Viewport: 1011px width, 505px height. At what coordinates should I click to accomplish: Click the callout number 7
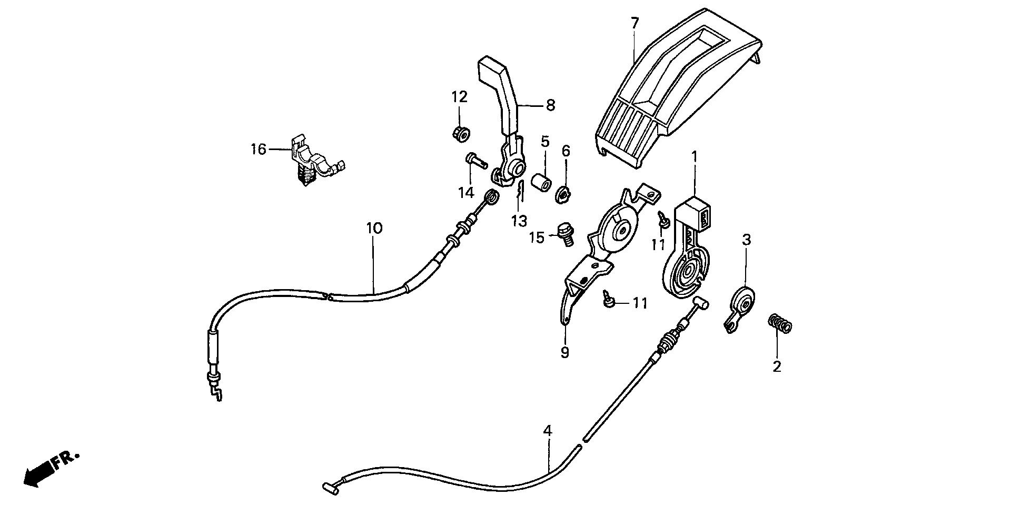click(635, 23)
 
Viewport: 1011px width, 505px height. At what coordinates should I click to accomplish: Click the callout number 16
click(259, 150)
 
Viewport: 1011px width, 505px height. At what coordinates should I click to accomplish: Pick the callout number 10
click(374, 229)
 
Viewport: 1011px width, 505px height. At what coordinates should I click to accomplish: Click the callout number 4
click(548, 431)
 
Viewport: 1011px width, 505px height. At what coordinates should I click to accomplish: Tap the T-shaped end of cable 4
click(327, 488)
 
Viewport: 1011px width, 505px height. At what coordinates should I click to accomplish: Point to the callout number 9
click(564, 352)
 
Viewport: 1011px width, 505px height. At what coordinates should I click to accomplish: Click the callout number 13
click(519, 221)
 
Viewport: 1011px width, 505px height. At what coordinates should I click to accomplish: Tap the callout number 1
click(694, 156)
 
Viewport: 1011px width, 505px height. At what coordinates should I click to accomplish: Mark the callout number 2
click(777, 366)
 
